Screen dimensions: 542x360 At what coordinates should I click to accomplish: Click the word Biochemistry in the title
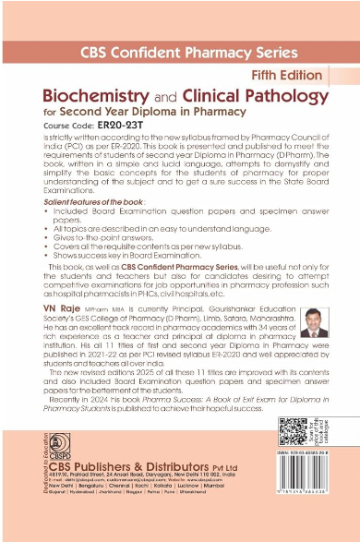[x=82, y=95]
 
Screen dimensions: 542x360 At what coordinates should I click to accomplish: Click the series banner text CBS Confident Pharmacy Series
[x=181, y=53]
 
